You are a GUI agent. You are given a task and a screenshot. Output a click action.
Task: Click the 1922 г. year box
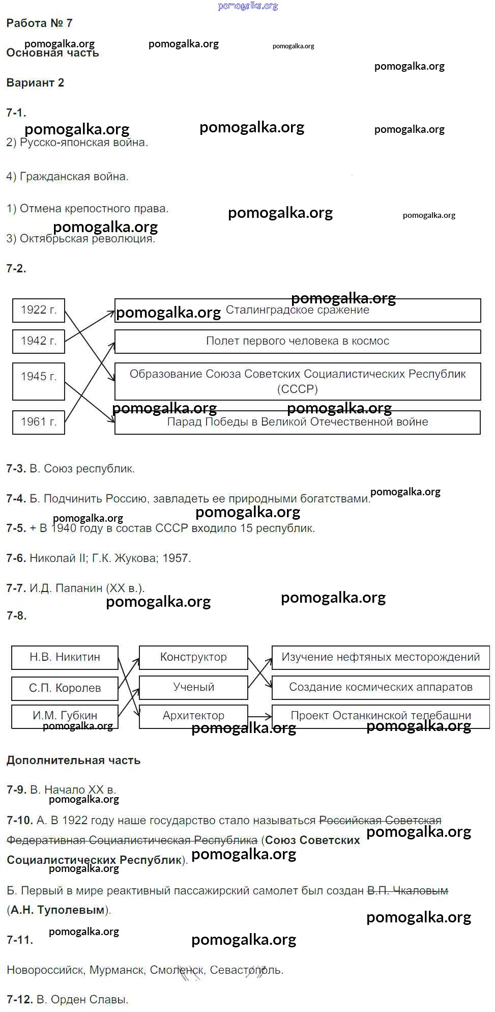pyautogui.click(x=39, y=310)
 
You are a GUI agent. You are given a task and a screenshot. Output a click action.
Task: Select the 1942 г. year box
pyautogui.click(x=39, y=341)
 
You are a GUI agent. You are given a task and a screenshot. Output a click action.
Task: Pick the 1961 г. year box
pyautogui.click(x=39, y=422)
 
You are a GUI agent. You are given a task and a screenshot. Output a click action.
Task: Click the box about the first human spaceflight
pyautogui.click(x=298, y=341)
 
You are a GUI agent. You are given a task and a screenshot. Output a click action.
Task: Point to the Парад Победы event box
pyautogui.click(x=298, y=422)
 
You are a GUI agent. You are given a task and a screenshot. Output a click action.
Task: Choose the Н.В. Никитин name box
pyautogui.click(x=65, y=657)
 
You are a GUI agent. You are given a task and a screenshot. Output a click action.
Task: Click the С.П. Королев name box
pyautogui.click(x=65, y=688)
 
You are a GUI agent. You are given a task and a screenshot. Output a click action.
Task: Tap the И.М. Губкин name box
pyautogui.click(x=65, y=716)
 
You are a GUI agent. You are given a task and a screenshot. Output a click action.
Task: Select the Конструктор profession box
pyautogui.click(x=193, y=657)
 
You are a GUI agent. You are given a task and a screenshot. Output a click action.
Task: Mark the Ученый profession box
pyautogui.click(x=193, y=687)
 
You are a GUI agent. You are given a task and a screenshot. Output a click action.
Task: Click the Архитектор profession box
pyautogui.click(x=193, y=716)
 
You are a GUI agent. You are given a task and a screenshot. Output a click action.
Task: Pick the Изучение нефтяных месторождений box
pyautogui.click(x=381, y=657)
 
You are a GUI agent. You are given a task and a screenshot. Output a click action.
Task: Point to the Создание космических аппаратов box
pyautogui.click(x=381, y=687)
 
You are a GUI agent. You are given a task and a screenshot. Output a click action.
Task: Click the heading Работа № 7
pyautogui.click(x=39, y=23)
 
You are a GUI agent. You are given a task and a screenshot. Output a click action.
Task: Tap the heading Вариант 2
pyautogui.click(x=35, y=83)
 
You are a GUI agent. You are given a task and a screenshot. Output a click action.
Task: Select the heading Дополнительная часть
pyautogui.click(x=73, y=761)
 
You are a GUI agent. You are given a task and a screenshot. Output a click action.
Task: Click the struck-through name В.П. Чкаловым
pyautogui.click(x=407, y=891)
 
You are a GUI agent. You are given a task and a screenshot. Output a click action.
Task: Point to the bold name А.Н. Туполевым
pyautogui.click(x=57, y=910)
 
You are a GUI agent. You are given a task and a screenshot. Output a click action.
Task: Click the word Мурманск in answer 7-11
pyautogui.click(x=117, y=970)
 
